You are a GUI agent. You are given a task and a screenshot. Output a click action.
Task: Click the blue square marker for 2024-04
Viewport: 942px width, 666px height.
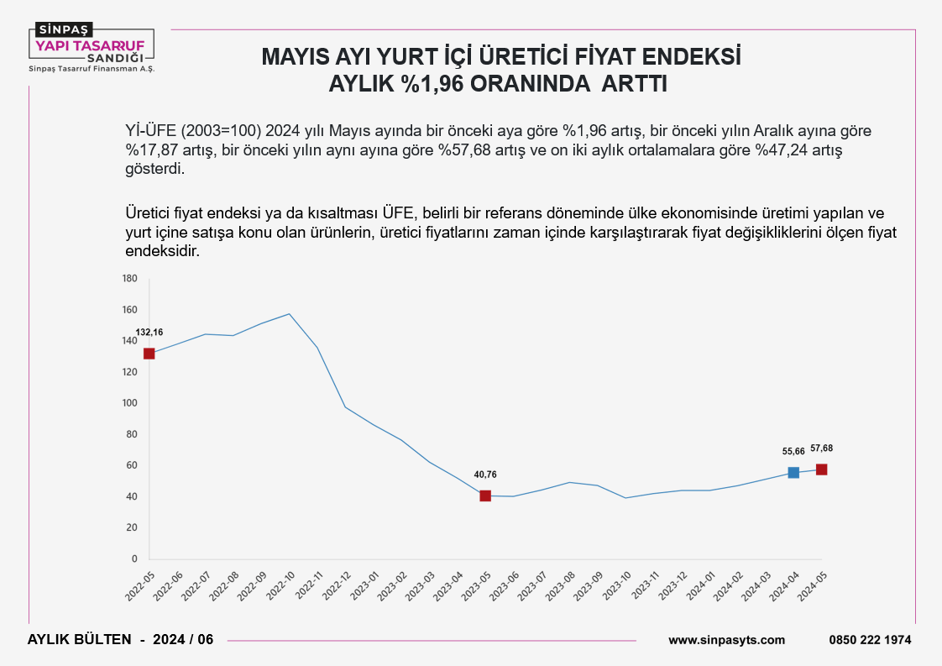pyautogui.click(x=793, y=473)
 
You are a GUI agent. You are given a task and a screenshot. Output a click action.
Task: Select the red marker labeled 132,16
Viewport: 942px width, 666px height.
pyautogui.click(x=149, y=354)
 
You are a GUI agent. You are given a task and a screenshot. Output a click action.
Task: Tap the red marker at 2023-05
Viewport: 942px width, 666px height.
pyautogui.click(x=485, y=496)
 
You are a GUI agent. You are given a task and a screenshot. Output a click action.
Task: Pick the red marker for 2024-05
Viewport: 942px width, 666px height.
pyautogui.click(x=821, y=469)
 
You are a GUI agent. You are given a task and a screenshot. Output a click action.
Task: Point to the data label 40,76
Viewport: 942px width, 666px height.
pyautogui.click(x=485, y=475)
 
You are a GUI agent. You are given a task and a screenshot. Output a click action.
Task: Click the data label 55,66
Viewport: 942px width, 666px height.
pyautogui.click(x=793, y=452)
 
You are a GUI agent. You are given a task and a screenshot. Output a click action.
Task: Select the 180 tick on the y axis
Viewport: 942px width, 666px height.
pyautogui.click(x=129, y=278)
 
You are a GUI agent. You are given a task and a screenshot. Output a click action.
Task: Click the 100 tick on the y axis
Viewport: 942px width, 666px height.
pyautogui.click(x=129, y=403)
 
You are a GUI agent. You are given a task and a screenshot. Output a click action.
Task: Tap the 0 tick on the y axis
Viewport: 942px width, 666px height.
pyautogui.click(x=134, y=558)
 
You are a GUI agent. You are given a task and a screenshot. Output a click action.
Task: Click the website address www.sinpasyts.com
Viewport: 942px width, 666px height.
pyautogui.click(x=726, y=640)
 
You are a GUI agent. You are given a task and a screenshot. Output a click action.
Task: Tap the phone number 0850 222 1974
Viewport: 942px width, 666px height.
pyautogui.click(x=870, y=640)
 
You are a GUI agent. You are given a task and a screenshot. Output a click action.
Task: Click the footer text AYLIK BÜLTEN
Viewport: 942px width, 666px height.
pyautogui.click(x=80, y=640)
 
